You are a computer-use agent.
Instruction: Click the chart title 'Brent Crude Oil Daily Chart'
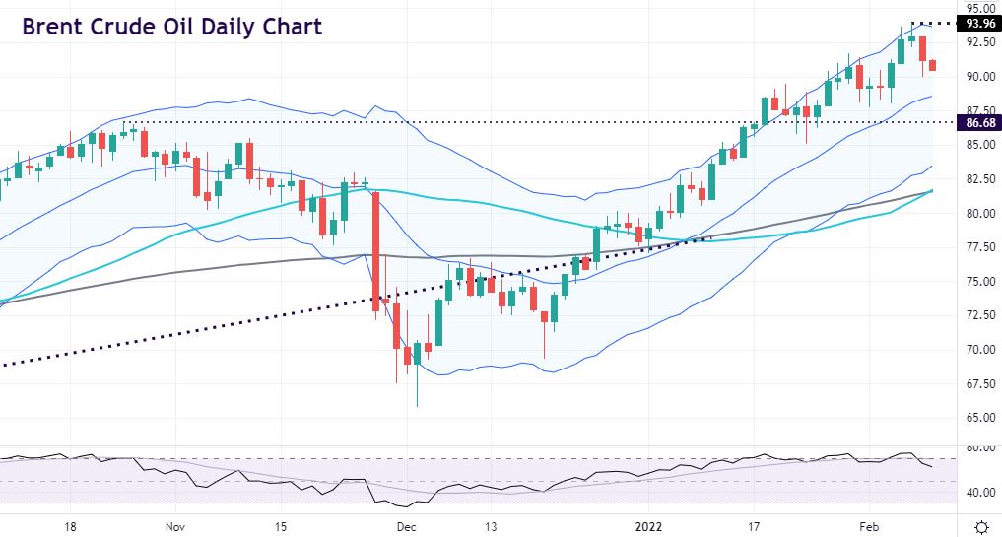click(x=171, y=27)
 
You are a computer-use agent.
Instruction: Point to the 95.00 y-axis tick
click(x=979, y=9)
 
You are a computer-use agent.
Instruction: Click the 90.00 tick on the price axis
click(x=979, y=77)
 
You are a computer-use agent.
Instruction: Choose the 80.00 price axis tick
click(x=979, y=213)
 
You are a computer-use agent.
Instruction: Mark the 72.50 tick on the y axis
click(x=979, y=315)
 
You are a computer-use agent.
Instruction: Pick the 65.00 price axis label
click(x=979, y=417)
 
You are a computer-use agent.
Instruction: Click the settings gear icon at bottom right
click(x=981, y=525)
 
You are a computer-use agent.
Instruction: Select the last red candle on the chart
click(x=933, y=65)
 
